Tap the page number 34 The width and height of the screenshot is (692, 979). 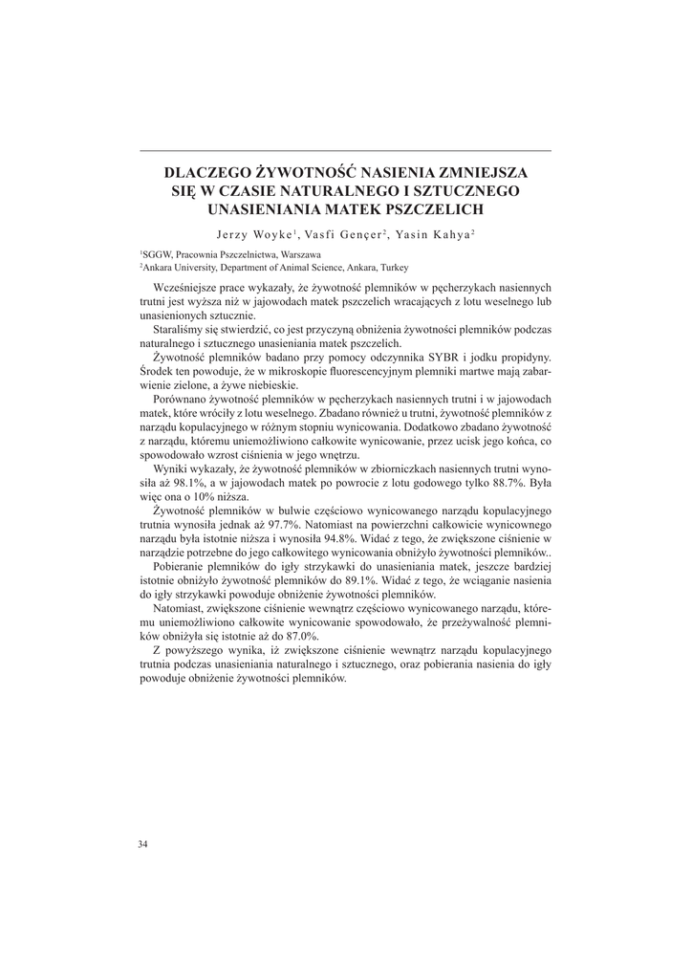point(143,844)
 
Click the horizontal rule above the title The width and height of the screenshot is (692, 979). point(345,151)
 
